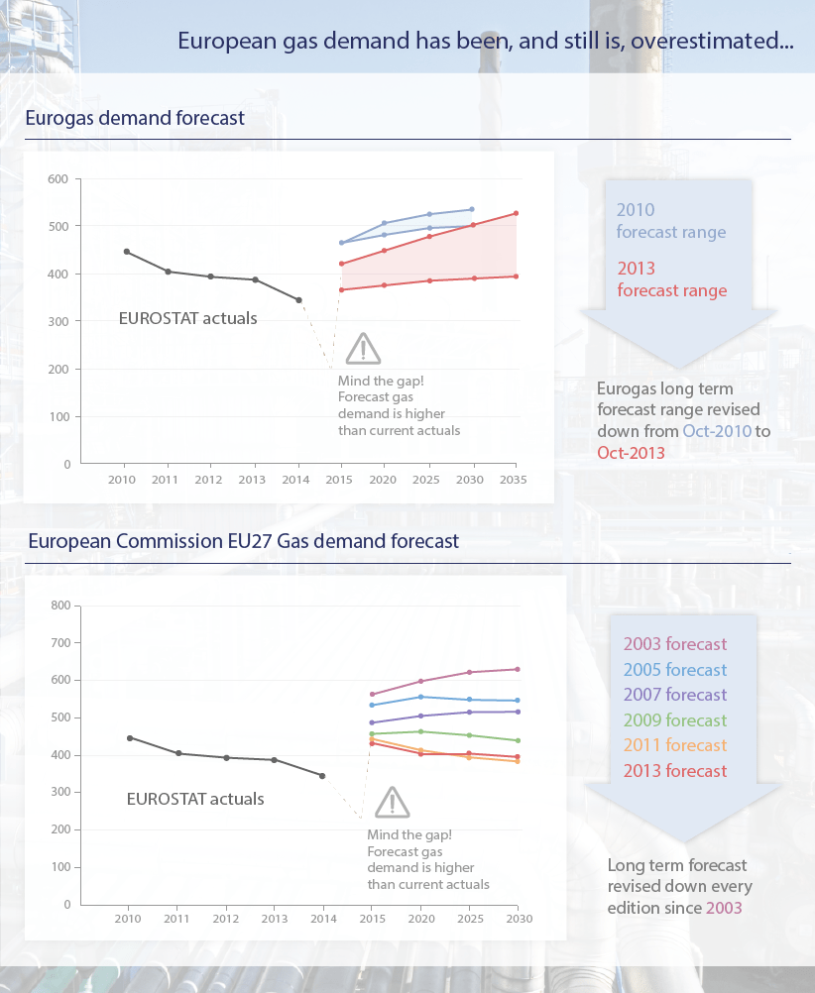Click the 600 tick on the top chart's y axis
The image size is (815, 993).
58,179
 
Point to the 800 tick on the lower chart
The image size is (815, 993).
60,606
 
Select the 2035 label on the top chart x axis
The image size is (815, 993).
515,479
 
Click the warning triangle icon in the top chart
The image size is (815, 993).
363,349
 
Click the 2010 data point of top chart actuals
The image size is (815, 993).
126,252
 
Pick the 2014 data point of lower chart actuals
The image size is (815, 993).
322,776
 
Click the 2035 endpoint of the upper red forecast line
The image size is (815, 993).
516,213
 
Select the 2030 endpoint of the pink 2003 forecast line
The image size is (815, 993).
518,669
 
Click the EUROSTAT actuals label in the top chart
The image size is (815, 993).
188,318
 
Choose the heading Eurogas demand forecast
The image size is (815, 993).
135,118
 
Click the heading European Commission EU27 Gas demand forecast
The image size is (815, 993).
244,541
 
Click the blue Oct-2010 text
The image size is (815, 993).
717,432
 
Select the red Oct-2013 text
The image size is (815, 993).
631,452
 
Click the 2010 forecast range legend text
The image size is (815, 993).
671,221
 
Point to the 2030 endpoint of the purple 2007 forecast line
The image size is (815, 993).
518,712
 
